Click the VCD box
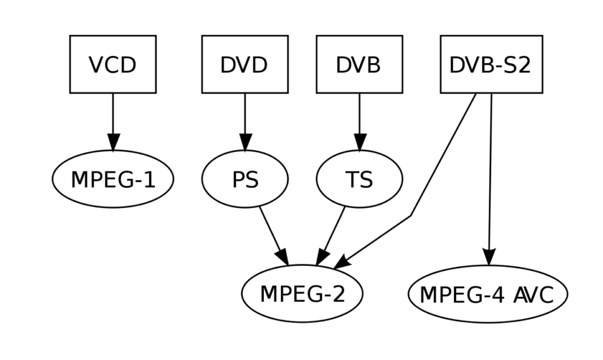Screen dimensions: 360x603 click(112, 64)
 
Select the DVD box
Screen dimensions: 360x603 click(244, 64)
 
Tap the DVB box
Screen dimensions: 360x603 click(359, 64)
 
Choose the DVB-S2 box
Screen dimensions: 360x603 click(491, 64)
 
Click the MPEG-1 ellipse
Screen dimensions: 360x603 click(112, 179)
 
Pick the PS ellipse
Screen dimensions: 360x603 click(244, 179)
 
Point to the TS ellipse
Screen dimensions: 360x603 click(359, 179)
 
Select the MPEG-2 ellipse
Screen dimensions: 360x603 click(302, 293)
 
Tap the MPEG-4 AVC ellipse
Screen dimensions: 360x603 click(487, 294)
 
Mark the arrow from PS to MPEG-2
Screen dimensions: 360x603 click(271, 230)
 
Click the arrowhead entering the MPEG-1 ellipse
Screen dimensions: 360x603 click(113, 142)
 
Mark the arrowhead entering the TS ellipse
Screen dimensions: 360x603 click(359, 142)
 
